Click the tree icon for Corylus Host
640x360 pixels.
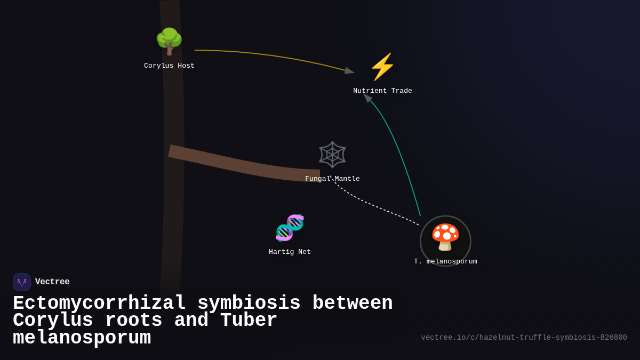[169, 41]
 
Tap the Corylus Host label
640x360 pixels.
[169, 66]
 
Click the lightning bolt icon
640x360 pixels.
[382, 67]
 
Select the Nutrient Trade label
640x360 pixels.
[382, 91]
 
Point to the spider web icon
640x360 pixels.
[332, 155]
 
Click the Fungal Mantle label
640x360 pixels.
[332, 179]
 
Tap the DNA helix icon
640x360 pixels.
[290, 228]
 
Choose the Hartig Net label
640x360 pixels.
[290, 252]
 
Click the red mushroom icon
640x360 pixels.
[445, 237]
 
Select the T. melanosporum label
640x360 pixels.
[445, 262]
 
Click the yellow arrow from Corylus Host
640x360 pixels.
[277, 56]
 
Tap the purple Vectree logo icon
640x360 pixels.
[22, 282]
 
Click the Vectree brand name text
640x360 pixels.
[52, 282]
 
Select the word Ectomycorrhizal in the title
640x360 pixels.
[99, 303]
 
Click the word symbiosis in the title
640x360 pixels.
[249, 303]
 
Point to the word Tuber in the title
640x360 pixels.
[249, 321]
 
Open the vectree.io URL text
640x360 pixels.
[524, 338]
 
